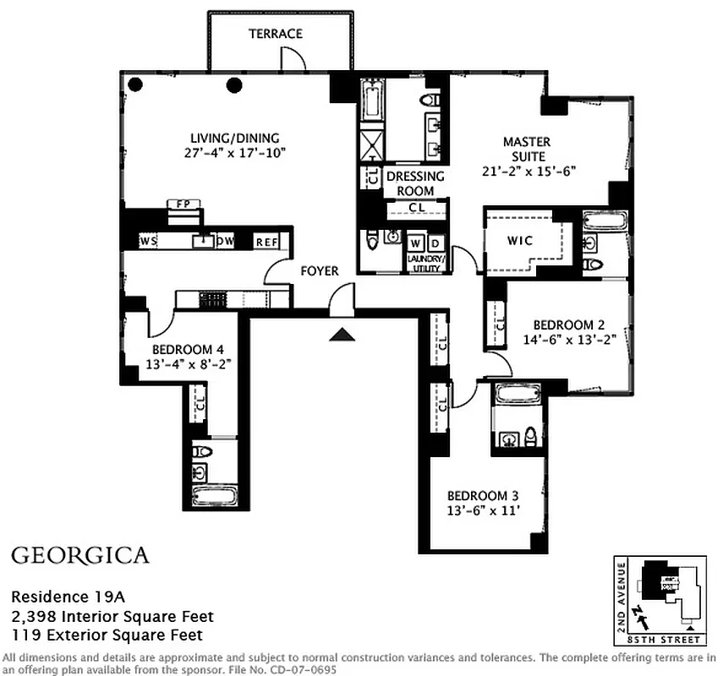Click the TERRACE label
(275, 34)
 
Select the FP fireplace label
(181, 204)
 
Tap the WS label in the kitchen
(149, 242)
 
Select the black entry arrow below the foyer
(342, 335)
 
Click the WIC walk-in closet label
(520, 241)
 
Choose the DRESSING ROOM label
(415, 183)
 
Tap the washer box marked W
(416, 240)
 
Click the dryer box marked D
(435, 240)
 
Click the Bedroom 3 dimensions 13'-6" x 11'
(479, 510)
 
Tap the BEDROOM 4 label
(188, 349)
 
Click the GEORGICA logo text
(80, 555)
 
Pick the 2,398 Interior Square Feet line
(112, 616)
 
